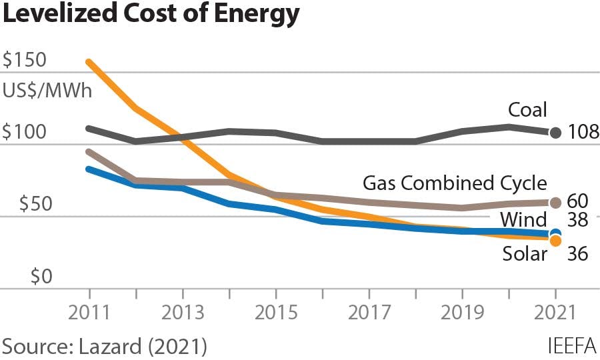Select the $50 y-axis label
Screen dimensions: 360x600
(x=29, y=205)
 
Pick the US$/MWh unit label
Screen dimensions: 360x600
(x=47, y=89)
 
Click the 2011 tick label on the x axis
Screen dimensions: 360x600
(x=89, y=313)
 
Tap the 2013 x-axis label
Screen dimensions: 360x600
(x=183, y=313)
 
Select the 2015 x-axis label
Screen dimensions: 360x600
(x=276, y=313)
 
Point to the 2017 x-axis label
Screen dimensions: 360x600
(x=369, y=313)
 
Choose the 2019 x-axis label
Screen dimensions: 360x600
(x=462, y=313)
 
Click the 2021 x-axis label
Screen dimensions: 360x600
(x=555, y=313)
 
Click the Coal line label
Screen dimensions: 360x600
(x=527, y=109)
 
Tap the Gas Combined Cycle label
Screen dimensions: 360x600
(x=455, y=183)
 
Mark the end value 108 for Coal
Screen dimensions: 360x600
(x=583, y=132)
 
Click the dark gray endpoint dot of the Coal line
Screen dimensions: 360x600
(x=555, y=132)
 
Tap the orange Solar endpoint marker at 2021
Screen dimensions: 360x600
(x=555, y=240)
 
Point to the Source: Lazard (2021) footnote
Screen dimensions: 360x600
(x=105, y=346)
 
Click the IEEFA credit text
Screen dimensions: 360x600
(x=571, y=346)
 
